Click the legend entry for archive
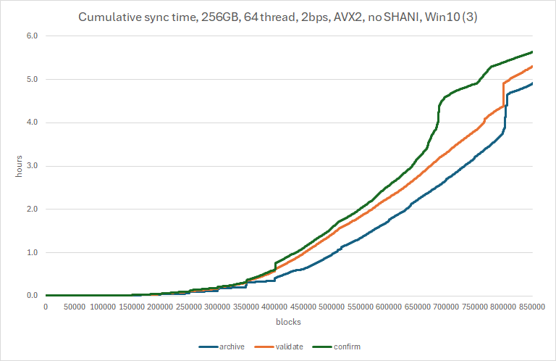(x=222, y=347)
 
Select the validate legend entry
(x=279, y=347)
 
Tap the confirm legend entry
(x=337, y=347)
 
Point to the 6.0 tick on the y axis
(x=32, y=36)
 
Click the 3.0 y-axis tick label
(x=32, y=166)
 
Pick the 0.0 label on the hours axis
(x=32, y=296)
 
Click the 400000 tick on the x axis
(x=274, y=307)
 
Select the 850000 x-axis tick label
(x=532, y=307)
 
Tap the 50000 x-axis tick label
(x=75, y=307)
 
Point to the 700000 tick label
(x=446, y=307)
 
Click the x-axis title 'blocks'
(x=288, y=322)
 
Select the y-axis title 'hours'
(x=19, y=166)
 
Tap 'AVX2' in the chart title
(x=348, y=17)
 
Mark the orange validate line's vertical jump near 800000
(x=504, y=94)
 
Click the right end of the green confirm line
(x=532, y=52)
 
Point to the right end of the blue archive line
(x=532, y=83)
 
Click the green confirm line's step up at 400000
(x=275, y=267)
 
